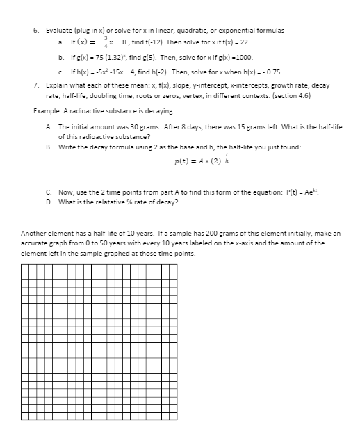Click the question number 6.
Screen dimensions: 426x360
[x=36, y=30]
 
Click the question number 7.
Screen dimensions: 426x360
[x=36, y=83]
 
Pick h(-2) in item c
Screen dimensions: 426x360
[x=154, y=72]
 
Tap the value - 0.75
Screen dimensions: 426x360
[x=272, y=72]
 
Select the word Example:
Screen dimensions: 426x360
[x=48, y=111]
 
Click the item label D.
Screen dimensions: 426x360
[x=49, y=202]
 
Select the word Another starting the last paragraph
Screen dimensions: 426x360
[x=34, y=234]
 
